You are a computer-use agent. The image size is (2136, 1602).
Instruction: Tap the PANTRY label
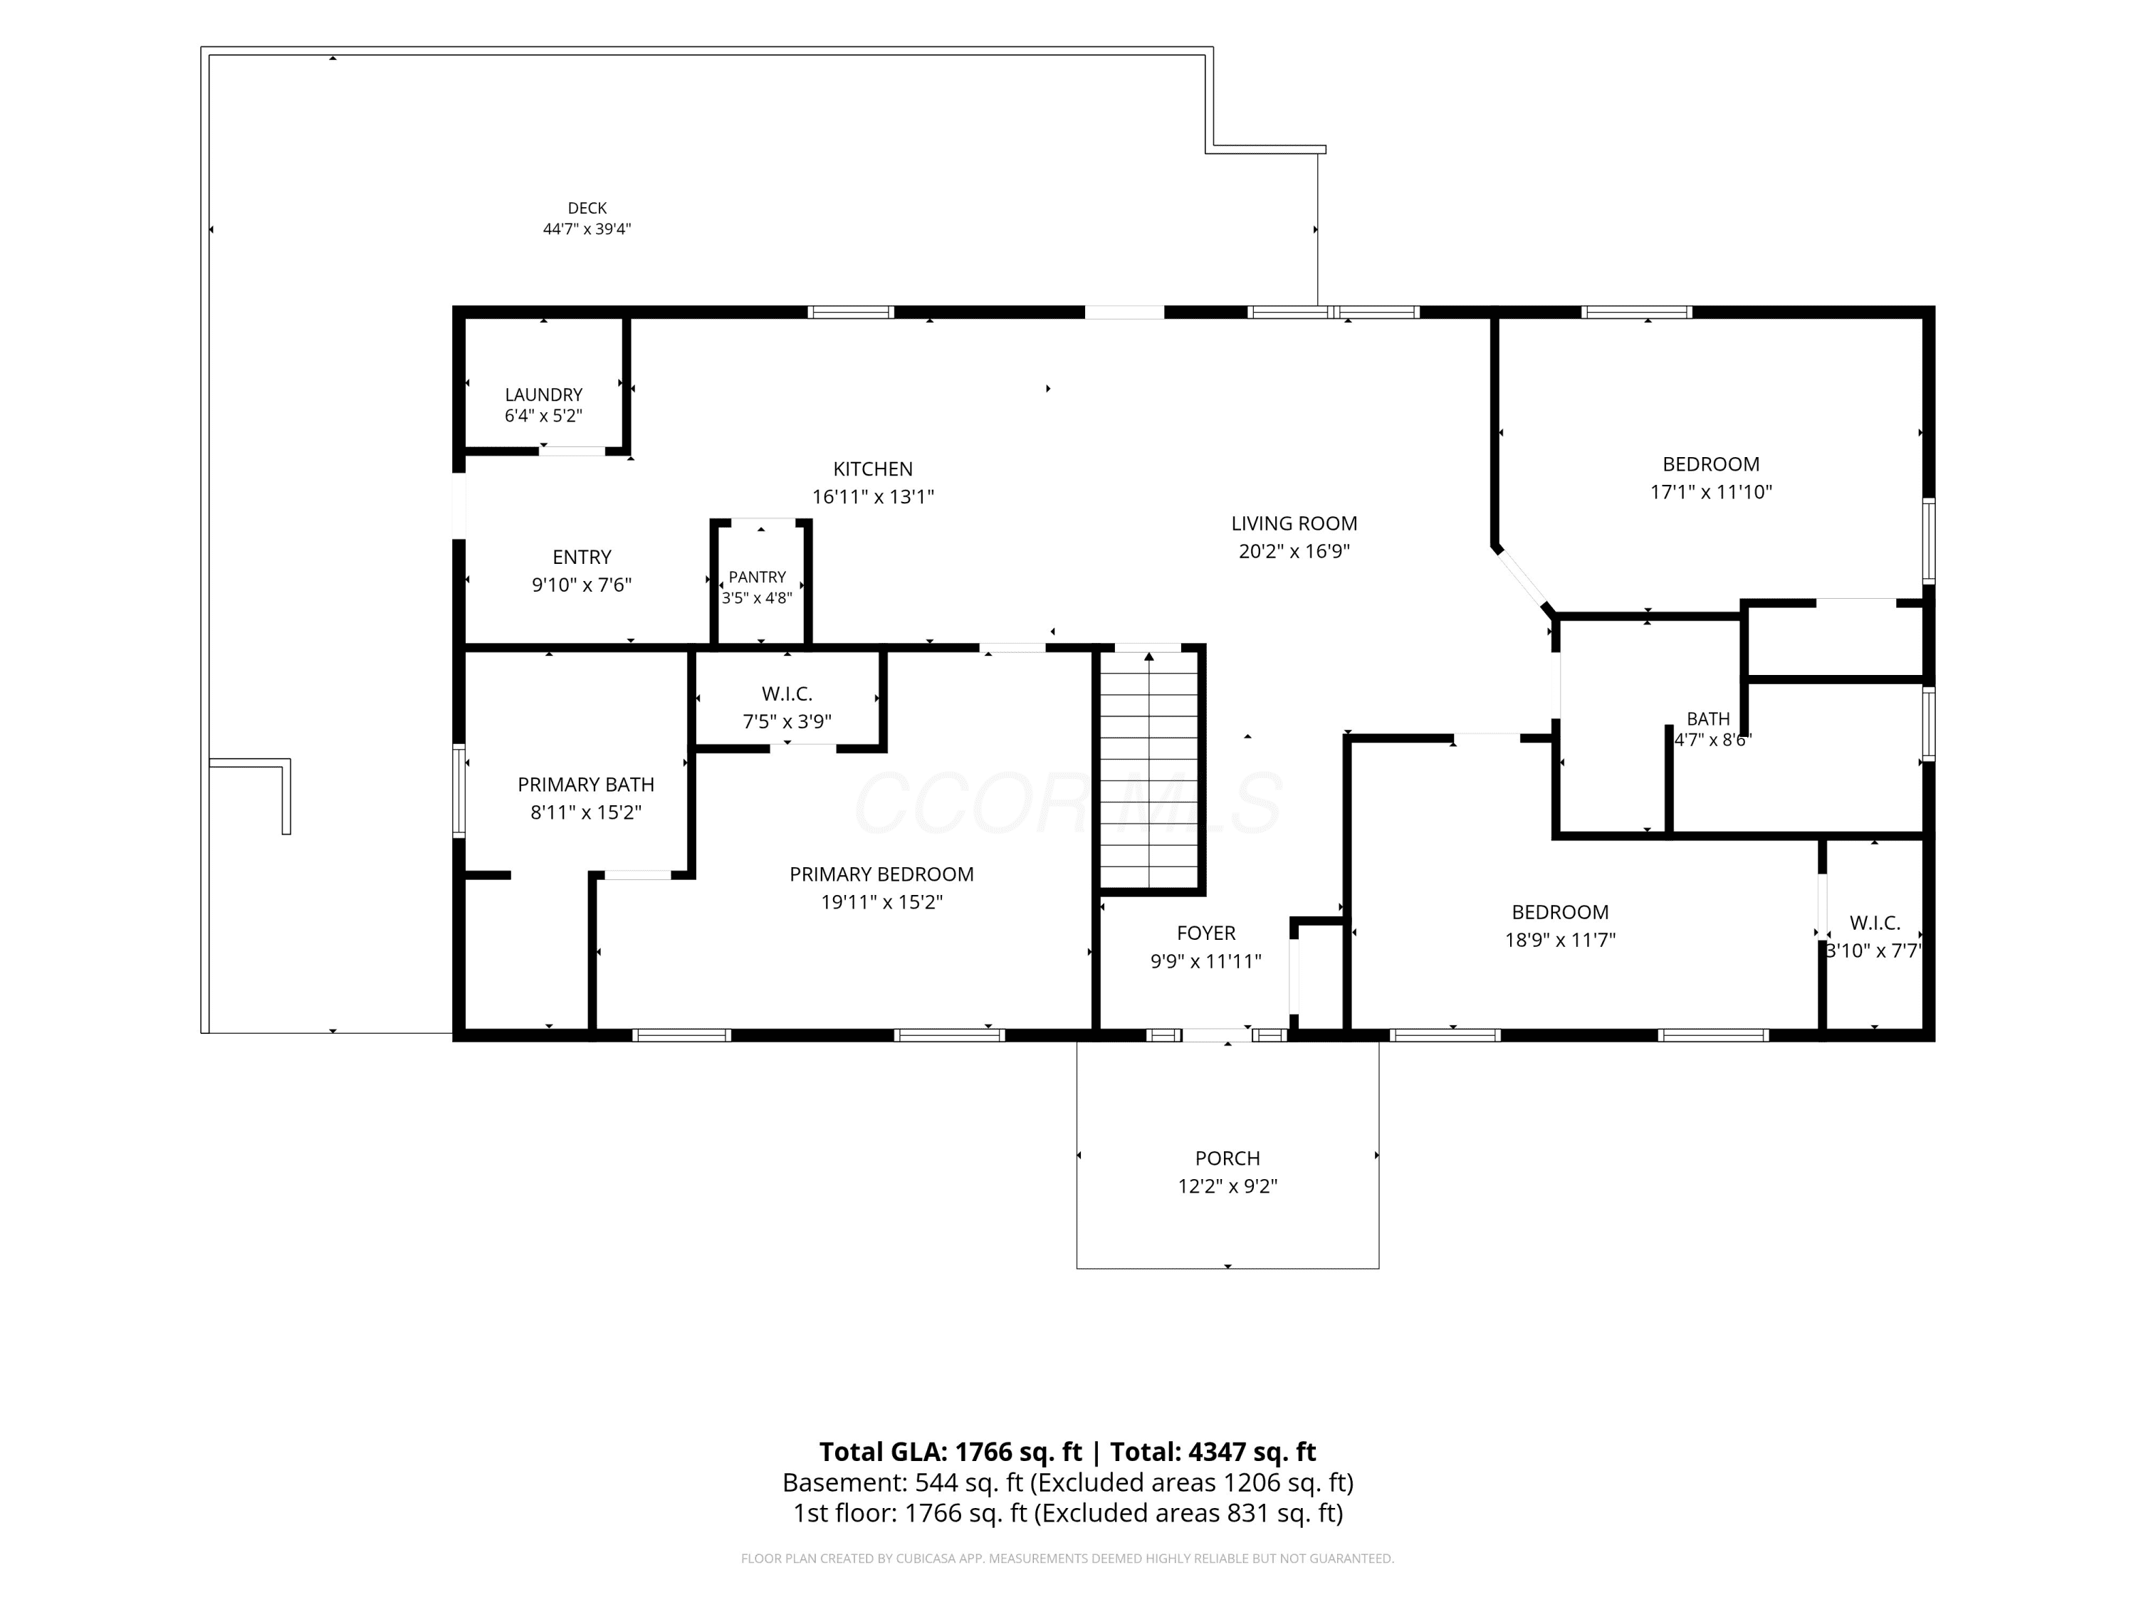tap(757, 577)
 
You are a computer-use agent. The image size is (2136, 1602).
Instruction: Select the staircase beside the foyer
tap(1149, 769)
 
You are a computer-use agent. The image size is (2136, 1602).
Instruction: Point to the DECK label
tap(587, 209)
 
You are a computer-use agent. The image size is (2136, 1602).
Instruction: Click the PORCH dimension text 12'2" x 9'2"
tap(1227, 1185)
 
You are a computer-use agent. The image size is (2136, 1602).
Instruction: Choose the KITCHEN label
tap(873, 469)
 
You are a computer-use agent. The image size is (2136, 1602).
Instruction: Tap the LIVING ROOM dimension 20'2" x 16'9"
tap(1294, 551)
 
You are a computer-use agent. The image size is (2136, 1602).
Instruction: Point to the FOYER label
tap(1206, 933)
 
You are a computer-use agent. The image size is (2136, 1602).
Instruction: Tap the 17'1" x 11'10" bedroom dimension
tap(1711, 491)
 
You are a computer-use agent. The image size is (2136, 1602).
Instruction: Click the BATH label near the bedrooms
tap(1708, 719)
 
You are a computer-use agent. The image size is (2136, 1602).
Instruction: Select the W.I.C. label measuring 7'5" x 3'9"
tap(787, 694)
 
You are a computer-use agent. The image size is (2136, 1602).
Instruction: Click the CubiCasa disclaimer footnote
tap(1068, 1558)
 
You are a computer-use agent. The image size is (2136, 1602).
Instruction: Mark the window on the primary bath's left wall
tap(460, 789)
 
